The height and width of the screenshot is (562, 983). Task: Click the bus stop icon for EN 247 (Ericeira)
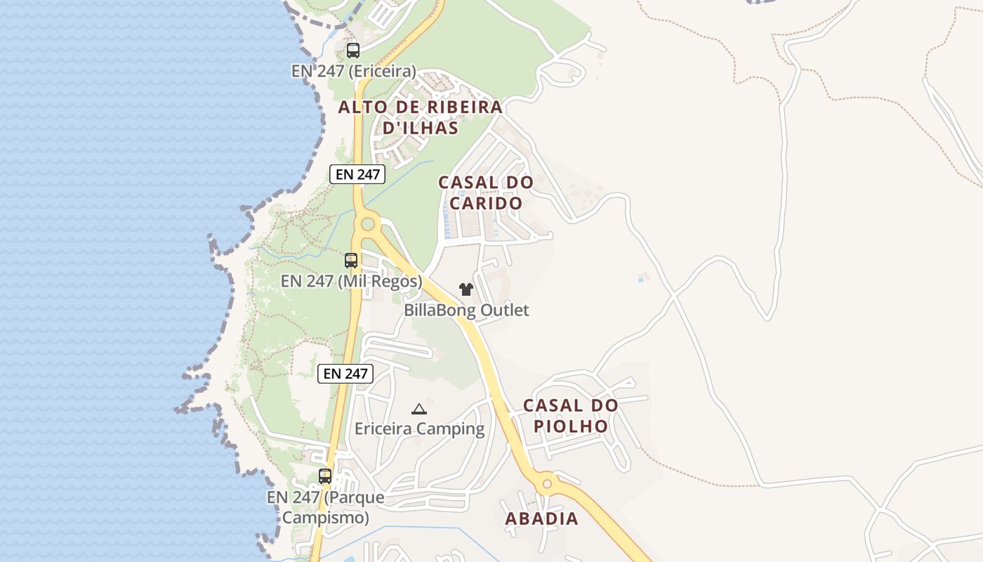coord(353,51)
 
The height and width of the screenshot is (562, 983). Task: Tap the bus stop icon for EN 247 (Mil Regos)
coord(351,261)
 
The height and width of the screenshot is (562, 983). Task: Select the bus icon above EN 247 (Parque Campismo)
coord(325,476)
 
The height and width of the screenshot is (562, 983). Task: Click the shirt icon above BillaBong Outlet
coord(466,289)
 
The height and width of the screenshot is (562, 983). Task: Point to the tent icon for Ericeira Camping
coord(419,409)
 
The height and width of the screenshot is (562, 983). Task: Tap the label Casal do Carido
coord(486,192)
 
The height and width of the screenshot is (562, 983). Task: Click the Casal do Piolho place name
coord(570,416)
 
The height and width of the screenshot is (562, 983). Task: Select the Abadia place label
coord(542,518)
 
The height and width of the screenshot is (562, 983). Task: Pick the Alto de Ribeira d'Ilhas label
coord(421,117)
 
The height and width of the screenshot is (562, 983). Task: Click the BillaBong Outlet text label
coord(466,310)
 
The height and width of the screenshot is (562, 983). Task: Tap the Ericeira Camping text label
coord(419,429)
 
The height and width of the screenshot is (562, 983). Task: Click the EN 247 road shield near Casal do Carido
coord(357,174)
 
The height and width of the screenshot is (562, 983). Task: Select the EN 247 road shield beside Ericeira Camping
coord(345,374)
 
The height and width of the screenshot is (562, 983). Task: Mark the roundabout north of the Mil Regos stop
coord(367,225)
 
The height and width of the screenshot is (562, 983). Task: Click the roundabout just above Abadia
coord(547,483)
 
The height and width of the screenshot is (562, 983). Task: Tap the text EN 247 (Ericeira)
coord(354,71)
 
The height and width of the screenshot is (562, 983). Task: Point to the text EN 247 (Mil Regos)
coord(351,281)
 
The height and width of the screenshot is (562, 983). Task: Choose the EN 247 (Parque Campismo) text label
coord(325,507)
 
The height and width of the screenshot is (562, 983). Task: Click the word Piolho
coord(570,426)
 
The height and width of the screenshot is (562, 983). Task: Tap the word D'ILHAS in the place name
coord(421,128)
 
